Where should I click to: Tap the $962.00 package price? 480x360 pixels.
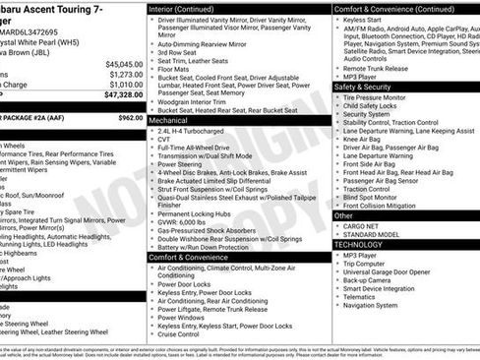pyautogui.click(x=130, y=117)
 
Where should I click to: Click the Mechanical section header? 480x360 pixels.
pyautogui.click(x=170, y=120)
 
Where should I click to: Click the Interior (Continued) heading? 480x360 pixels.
pyautogui.click(x=189, y=9)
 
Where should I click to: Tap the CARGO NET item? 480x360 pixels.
pyautogui.click(x=364, y=225)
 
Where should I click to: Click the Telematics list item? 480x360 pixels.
pyautogui.click(x=363, y=296)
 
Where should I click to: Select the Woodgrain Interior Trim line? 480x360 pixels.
pyautogui.click(x=201, y=100)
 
